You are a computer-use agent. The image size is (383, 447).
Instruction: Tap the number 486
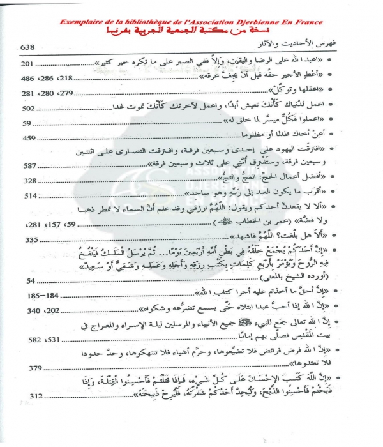[x=31, y=79]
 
